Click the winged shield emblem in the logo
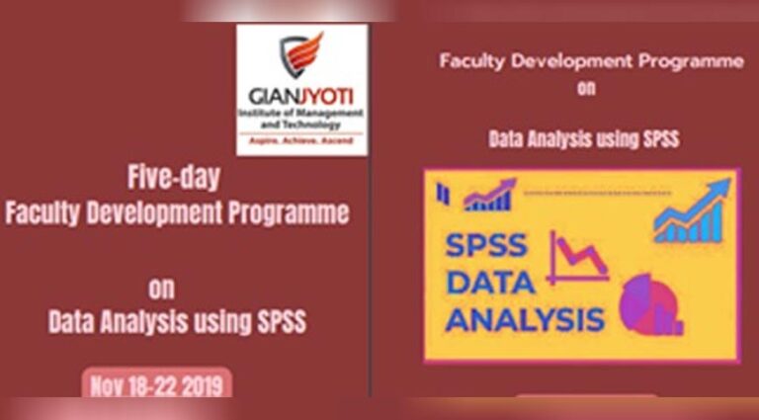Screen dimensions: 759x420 click(301, 54)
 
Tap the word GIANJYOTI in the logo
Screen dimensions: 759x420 click(301, 97)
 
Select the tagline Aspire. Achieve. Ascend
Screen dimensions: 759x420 click(301, 140)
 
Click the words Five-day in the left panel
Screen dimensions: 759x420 click(174, 178)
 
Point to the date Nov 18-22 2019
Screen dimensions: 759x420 click(157, 386)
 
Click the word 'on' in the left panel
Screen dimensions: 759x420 click(162, 289)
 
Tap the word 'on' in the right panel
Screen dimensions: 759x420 click(586, 89)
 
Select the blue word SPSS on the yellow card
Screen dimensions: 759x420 click(485, 245)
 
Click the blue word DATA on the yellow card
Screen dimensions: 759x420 click(490, 283)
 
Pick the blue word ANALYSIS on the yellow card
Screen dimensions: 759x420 click(525, 319)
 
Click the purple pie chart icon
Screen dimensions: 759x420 click(650, 304)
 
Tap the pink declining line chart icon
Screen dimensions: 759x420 click(577, 257)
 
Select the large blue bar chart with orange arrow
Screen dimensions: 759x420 click(692, 210)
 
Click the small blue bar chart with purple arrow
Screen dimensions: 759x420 click(489, 195)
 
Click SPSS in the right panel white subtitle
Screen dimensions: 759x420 click(661, 139)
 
